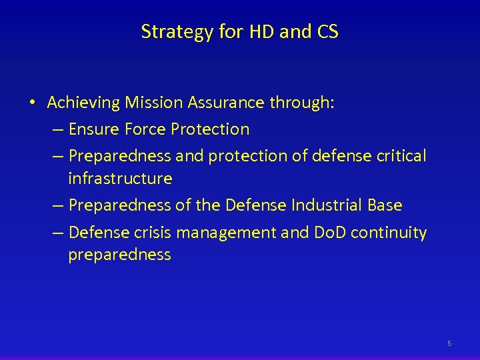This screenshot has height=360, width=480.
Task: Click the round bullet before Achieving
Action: (32, 103)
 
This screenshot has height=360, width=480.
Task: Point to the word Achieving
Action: (83, 103)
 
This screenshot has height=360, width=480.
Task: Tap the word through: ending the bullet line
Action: (305, 103)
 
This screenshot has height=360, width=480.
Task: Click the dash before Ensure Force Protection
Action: (58, 129)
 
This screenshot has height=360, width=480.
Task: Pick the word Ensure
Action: (94, 129)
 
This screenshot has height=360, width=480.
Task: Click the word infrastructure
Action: (120, 179)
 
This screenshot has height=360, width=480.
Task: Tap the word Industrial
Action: (323, 205)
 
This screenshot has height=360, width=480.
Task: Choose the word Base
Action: (384, 205)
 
